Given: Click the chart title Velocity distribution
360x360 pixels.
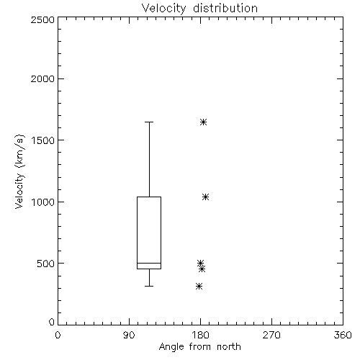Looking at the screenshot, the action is [199, 8].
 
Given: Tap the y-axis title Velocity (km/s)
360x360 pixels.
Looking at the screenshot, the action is [19, 171].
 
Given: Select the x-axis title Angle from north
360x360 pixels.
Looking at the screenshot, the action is [199, 347].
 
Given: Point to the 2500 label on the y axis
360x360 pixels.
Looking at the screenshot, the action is [42, 19].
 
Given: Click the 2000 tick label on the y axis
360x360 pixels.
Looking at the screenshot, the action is [42, 78].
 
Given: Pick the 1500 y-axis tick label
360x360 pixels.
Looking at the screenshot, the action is [43, 140].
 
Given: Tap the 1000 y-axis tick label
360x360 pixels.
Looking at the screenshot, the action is [43, 202].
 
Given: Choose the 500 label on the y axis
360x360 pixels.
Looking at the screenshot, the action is [46, 264].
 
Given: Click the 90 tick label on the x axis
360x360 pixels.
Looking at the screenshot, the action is [129, 335].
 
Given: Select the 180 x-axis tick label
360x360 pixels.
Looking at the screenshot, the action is [200, 335].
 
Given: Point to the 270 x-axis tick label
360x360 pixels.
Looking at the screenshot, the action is [271, 335].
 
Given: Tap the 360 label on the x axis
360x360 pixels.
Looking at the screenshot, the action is [343, 335].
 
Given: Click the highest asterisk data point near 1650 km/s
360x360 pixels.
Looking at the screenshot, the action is [203, 122].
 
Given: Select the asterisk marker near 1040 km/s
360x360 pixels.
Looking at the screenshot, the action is [205, 197].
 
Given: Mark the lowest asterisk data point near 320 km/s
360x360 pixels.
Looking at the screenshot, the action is [199, 286].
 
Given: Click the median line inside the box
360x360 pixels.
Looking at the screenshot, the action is [149, 263].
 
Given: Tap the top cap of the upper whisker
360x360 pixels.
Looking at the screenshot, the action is [149, 122].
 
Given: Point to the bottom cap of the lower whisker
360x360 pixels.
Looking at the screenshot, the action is [149, 286].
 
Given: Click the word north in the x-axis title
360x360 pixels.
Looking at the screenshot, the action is [229, 347].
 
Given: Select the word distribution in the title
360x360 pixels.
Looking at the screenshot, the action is [225, 8].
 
